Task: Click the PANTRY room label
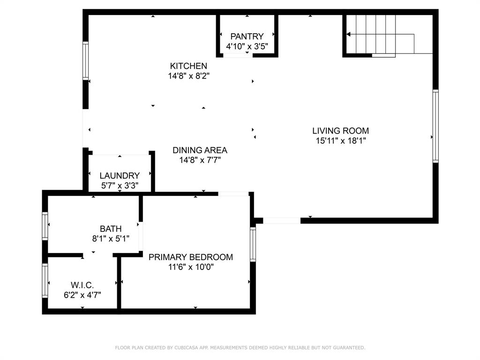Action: [x=247, y=36]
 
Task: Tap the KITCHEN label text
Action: [x=188, y=66]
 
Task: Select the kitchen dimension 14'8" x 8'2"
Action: [x=188, y=76]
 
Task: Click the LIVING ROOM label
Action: [x=340, y=131]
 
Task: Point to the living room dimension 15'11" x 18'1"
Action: [x=340, y=141]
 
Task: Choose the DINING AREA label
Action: [x=200, y=150]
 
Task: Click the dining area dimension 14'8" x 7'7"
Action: [x=200, y=160]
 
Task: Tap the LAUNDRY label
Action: [x=120, y=176]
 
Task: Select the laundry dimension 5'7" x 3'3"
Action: [x=120, y=186]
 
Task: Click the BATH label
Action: [x=111, y=229]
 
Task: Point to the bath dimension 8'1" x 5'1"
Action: [x=111, y=239]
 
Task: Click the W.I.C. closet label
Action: [x=82, y=285]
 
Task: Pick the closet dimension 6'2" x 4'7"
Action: [x=82, y=295]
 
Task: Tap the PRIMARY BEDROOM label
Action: [x=190, y=257]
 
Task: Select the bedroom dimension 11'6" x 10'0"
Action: [x=190, y=267]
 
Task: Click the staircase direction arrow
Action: [x=349, y=34]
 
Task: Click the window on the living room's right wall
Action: [x=435, y=126]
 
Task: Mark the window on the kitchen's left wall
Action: [x=86, y=60]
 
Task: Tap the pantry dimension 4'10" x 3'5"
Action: [x=247, y=46]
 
